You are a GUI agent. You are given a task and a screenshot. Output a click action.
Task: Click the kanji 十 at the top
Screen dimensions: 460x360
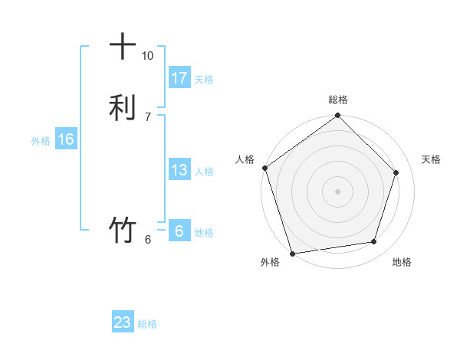(x=123, y=47)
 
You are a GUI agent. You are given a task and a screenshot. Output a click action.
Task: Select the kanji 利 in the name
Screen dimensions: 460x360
(x=123, y=106)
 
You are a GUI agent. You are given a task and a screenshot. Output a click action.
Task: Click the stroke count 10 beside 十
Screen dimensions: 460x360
(x=147, y=56)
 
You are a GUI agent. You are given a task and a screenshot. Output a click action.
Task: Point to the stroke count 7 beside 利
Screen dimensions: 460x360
(x=147, y=116)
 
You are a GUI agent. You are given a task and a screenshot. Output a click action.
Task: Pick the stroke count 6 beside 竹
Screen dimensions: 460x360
(x=147, y=240)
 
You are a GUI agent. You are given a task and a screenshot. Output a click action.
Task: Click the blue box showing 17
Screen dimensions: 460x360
(x=179, y=78)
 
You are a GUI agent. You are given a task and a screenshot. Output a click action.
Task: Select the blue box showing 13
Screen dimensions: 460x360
(x=179, y=170)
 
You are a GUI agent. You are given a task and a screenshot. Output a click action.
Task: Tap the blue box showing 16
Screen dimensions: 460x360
(x=65, y=139)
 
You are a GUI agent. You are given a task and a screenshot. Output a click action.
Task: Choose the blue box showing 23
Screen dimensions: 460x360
(x=123, y=322)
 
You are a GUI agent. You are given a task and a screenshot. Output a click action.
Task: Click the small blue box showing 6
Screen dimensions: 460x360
(x=179, y=231)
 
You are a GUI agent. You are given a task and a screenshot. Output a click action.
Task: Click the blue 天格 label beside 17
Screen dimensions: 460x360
(x=204, y=80)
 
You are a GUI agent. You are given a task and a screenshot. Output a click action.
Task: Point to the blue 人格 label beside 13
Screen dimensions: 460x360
(x=204, y=172)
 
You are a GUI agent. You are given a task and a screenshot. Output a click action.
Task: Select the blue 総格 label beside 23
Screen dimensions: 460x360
(x=147, y=324)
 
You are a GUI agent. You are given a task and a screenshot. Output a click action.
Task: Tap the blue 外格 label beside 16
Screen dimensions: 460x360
(x=41, y=141)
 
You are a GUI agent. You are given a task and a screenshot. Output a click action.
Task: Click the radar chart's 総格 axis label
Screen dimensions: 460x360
(x=338, y=100)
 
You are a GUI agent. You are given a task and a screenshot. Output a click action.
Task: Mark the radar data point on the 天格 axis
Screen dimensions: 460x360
(x=396, y=172)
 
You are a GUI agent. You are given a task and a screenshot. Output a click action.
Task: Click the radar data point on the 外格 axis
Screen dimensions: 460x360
(x=292, y=253)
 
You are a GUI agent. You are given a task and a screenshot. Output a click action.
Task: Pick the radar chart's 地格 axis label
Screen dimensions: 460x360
(x=402, y=262)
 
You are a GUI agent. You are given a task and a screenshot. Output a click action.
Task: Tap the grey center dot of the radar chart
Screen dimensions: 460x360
(x=338, y=191)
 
